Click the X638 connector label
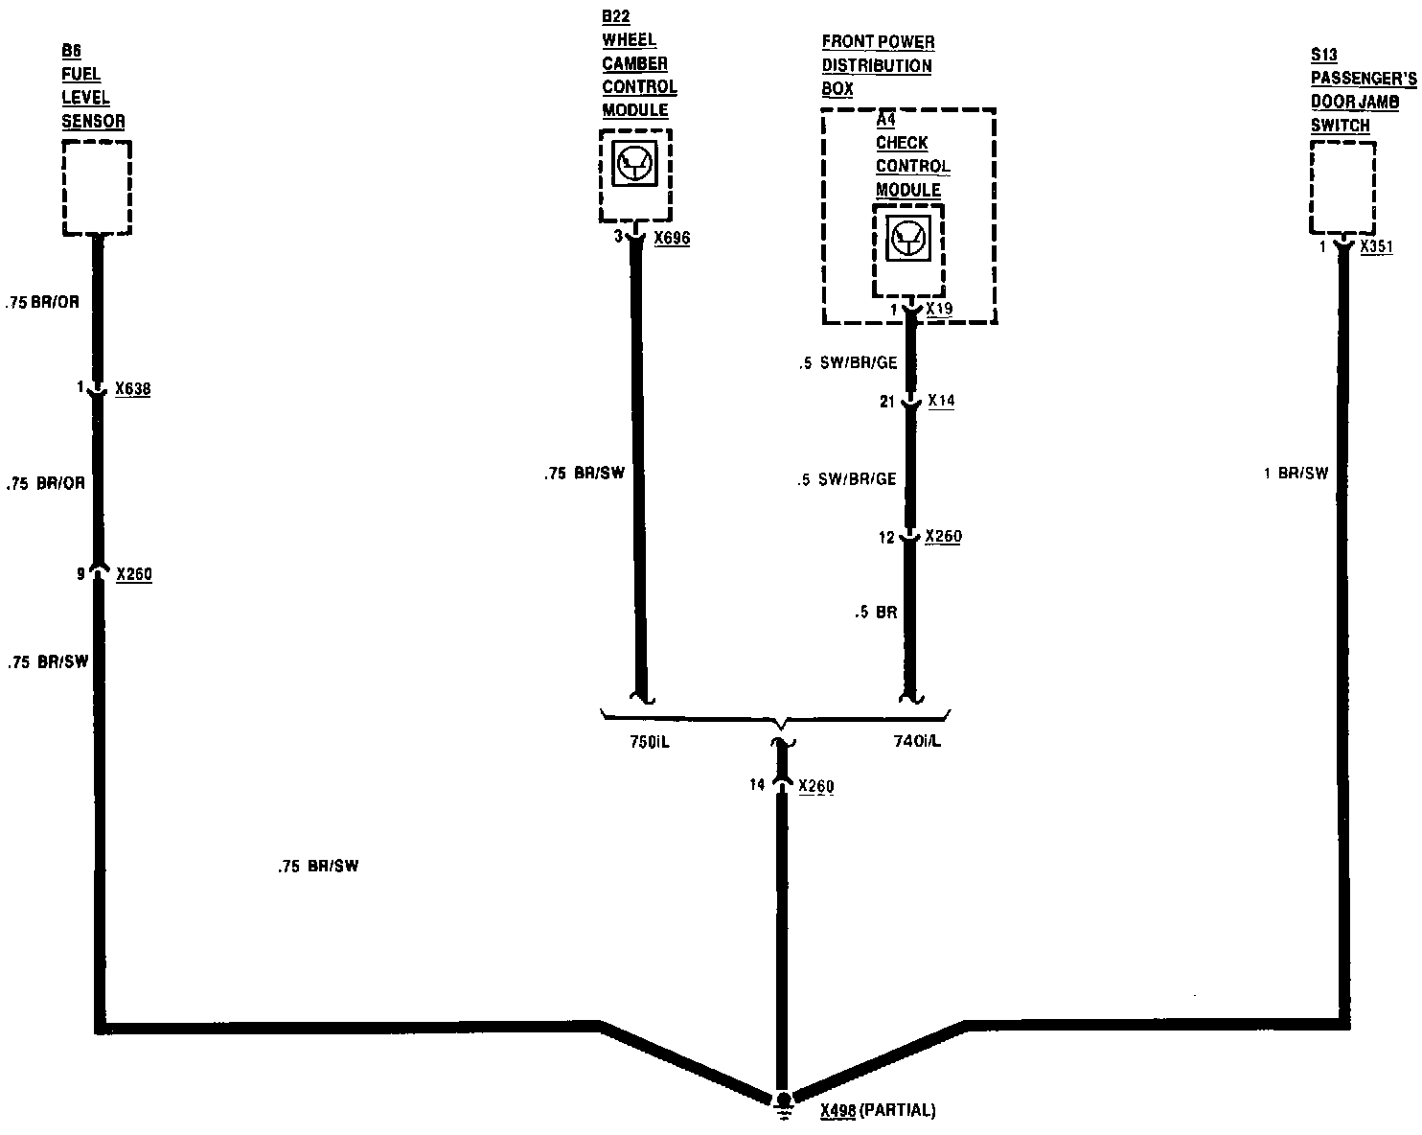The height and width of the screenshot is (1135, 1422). click(x=132, y=389)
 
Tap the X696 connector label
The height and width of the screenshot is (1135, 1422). click(x=672, y=238)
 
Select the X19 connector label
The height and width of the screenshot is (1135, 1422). click(x=940, y=311)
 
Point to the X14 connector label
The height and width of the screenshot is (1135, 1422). click(x=941, y=402)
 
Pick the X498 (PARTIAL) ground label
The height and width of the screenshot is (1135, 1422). click(x=878, y=1111)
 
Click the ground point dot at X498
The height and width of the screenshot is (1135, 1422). click(x=783, y=1099)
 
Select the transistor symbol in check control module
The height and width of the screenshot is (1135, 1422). click(x=907, y=238)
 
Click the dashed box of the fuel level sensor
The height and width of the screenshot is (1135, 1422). click(x=97, y=188)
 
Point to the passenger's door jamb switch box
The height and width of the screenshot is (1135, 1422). click(x=1342, y=188)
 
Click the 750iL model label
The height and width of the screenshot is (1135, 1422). click(x=649, y=742)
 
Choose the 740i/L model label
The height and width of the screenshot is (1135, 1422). click(x=916, y=742)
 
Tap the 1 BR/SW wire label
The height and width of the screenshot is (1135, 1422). click(x=1296, y=473)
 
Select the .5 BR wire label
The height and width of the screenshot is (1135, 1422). click(x=876, y=612)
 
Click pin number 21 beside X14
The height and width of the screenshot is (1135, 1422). click(x=887, y=403)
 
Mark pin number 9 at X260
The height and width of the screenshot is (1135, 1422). click(x=81, y=575)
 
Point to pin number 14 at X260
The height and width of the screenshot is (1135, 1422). click(x=757, y=785)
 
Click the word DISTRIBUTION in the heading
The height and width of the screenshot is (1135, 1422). click(x=877, y=66)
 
